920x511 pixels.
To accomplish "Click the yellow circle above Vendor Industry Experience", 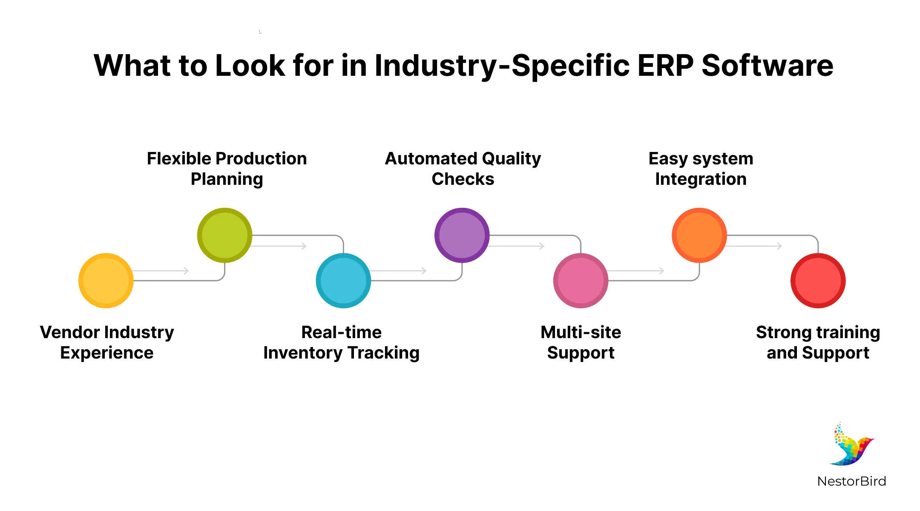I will [x=106, y=281].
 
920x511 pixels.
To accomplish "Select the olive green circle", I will [x=224, y=235].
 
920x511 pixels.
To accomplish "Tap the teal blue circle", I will [x=343, y=281].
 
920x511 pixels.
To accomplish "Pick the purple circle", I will [x=462, y=235].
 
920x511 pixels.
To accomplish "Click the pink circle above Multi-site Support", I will [x=581, y=281].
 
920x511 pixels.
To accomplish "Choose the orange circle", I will [x=699, y=235].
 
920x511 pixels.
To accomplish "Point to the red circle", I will [x=818, y=281].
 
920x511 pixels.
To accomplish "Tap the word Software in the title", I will [x=767, y=66].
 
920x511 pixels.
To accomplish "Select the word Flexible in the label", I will [x=178, y=158].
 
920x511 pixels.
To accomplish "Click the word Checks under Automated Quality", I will [x=463, y=179].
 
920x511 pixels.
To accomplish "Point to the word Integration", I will [x=701, y=179].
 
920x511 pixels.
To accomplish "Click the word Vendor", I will [x=70, y=332].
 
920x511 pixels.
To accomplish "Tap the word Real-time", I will [x=341, y=332].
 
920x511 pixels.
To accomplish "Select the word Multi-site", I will [x=581, y=332].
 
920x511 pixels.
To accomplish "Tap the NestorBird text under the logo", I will [x=851, y=481].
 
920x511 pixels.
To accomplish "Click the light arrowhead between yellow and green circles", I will [x=186, y=270].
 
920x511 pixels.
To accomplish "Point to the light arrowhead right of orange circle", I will [x=779, y=246].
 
